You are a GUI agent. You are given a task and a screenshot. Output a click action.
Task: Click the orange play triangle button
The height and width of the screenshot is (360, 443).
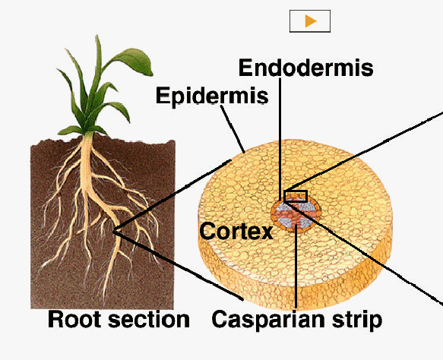click(310, 21)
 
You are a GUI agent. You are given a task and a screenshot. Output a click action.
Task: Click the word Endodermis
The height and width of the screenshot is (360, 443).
click(306, 68)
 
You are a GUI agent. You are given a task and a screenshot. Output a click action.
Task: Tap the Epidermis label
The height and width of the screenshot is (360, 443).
click(212, 96)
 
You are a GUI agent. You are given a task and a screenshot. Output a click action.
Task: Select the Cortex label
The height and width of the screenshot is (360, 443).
click(236, 231)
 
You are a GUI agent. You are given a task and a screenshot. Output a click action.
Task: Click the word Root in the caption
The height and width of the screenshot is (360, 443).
click(74, 319)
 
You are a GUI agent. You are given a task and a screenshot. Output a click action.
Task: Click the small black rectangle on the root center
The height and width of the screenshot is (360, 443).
click(296, 196)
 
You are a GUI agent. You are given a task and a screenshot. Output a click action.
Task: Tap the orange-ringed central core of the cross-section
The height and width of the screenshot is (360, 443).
click(296, 213)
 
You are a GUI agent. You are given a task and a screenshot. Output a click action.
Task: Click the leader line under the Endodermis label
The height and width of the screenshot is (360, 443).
click(280, 139)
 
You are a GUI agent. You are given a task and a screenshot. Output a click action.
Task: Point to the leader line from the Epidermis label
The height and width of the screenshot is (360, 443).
click(233, 129)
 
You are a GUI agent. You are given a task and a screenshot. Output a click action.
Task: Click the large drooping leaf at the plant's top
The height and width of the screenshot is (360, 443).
click(132, 61)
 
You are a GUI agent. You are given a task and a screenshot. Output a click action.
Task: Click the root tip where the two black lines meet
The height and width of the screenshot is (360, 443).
click(114, 232)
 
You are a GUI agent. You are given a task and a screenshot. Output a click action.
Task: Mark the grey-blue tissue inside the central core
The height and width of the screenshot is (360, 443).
click(284, 209)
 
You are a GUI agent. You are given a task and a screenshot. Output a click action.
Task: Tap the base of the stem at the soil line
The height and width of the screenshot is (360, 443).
click(88, 135)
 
